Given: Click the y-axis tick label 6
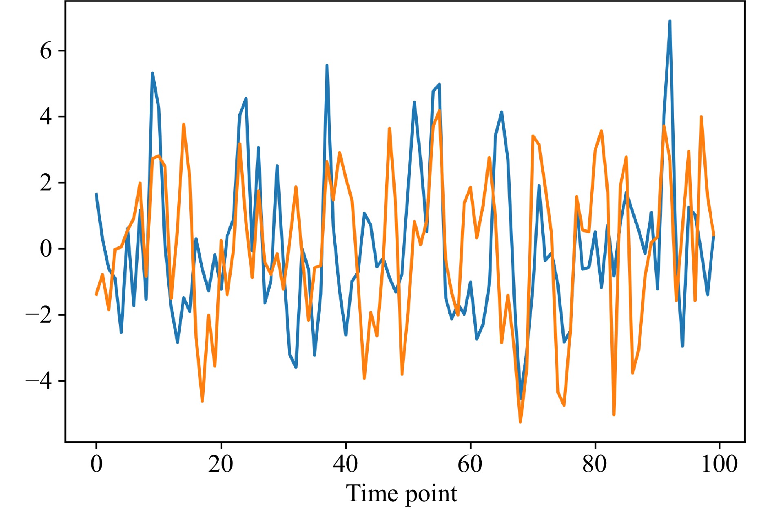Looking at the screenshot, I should (x=46, y=51).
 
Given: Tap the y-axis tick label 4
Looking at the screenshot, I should (x=46, y=117).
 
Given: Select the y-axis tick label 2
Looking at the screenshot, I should (x=46, y=184).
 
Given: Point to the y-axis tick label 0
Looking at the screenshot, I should (x=46, y=249).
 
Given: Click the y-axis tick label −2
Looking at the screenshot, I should (x=39, y=315).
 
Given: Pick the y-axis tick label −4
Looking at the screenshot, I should (x=39, y=381).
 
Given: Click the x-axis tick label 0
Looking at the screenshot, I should (x=96, y=464).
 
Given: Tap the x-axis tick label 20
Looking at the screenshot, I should (x=221, y=464).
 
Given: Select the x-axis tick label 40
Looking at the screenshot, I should (x=346, y=464).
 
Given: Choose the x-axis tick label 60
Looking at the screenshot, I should (x=470, y=464).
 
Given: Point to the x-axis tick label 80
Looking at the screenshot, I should (x=595, y=464).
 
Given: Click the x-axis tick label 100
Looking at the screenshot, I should (x=719, y=464).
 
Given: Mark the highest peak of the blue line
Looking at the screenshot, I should (x=670, y=21).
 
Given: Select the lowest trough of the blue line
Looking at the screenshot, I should (x=520, y=399).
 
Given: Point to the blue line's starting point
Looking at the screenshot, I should (x=96, y=194).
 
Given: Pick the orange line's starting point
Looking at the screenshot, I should (x=96, y=294).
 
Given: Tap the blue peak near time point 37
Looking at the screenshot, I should (x=327, y=65).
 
